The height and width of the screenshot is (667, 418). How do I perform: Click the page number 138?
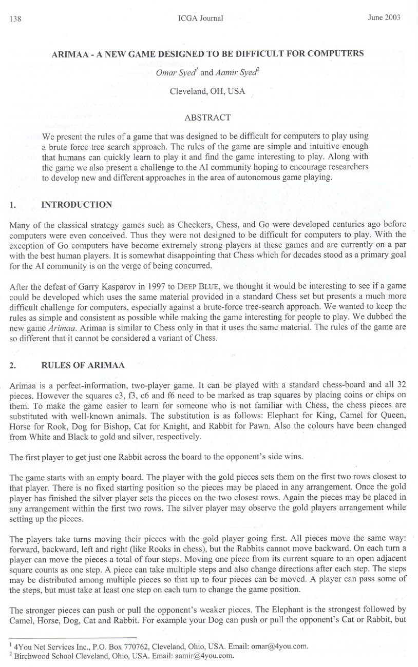(x=15, y=19)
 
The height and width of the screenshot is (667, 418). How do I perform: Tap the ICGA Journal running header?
(x=200, y=18)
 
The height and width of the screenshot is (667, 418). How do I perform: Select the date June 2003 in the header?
(x=384, y=17)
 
